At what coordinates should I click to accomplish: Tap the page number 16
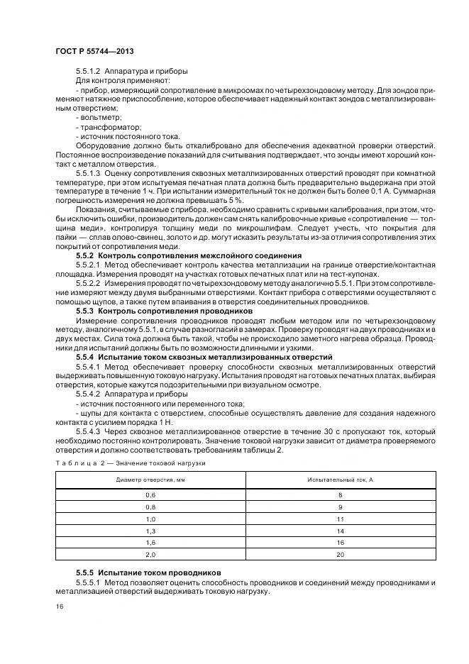(x=58, y=607)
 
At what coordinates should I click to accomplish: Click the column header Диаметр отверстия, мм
(x=150, y=480)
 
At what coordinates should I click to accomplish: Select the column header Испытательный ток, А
(x=341, y=480)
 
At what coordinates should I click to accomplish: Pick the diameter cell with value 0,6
(x=150, y=494)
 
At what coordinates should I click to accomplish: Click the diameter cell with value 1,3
(x=150, y=531)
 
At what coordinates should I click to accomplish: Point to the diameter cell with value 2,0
(x=150, y=555)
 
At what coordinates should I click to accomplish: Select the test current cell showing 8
(x=341, y=494)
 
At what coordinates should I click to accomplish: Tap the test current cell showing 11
(x=341, y=519)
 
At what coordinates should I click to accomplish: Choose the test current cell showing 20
(x=341, y=555)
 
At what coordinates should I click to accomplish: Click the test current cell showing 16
(x=341, y=543)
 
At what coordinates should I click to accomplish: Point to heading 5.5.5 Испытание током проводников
(x=148, y=572)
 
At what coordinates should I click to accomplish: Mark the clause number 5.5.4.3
(x=89, y=431)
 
